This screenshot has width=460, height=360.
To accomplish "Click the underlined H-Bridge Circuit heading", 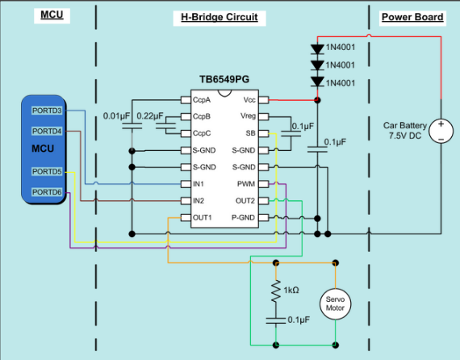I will click(219, 17).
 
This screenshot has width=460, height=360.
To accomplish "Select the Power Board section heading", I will click(412, 17).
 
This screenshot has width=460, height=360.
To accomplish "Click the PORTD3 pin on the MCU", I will click(47, 110).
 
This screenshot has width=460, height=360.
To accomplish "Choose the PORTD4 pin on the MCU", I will click(47, 131).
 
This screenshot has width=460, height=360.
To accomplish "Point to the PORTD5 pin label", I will click(47, 171).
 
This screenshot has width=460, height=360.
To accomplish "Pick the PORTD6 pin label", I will click(47, 191).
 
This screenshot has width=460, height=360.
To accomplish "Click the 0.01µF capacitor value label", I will click(118, 116).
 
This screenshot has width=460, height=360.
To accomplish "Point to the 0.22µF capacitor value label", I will click(152, 116).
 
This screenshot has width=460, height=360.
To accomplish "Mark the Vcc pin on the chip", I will click(249, 100).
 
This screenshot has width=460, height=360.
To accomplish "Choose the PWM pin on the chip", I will click(246, 184).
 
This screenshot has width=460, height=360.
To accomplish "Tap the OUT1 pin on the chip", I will click(203, 218).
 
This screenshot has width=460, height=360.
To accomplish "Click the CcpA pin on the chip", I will click(203, 100).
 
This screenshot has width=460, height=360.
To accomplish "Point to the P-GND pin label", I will click(244, 218).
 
